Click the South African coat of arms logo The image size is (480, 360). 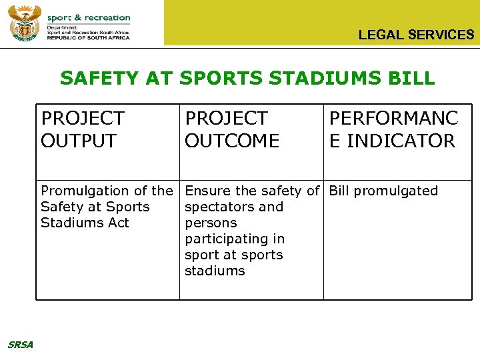coord(25,24)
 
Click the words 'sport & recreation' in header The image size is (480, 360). coord(89,17)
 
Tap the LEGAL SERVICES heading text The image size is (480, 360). coord(416,35)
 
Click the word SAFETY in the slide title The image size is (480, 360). coord(94,78)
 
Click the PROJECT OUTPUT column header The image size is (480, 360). coord(83,129)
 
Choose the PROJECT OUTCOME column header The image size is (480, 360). coord(232,129)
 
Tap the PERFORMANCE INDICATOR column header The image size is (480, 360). coord(393,129)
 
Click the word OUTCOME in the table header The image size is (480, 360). coord(232,141)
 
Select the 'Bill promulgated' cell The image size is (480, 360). coord(383,191)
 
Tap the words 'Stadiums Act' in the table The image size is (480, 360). coord(85,223)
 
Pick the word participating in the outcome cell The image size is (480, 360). coord(235,239)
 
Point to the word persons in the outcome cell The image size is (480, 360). coord(211,223)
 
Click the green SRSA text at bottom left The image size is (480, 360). coord(21,344)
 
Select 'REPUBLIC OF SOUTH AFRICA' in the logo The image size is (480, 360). coord(88,38)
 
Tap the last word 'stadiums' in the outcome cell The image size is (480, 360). coord(215,271)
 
